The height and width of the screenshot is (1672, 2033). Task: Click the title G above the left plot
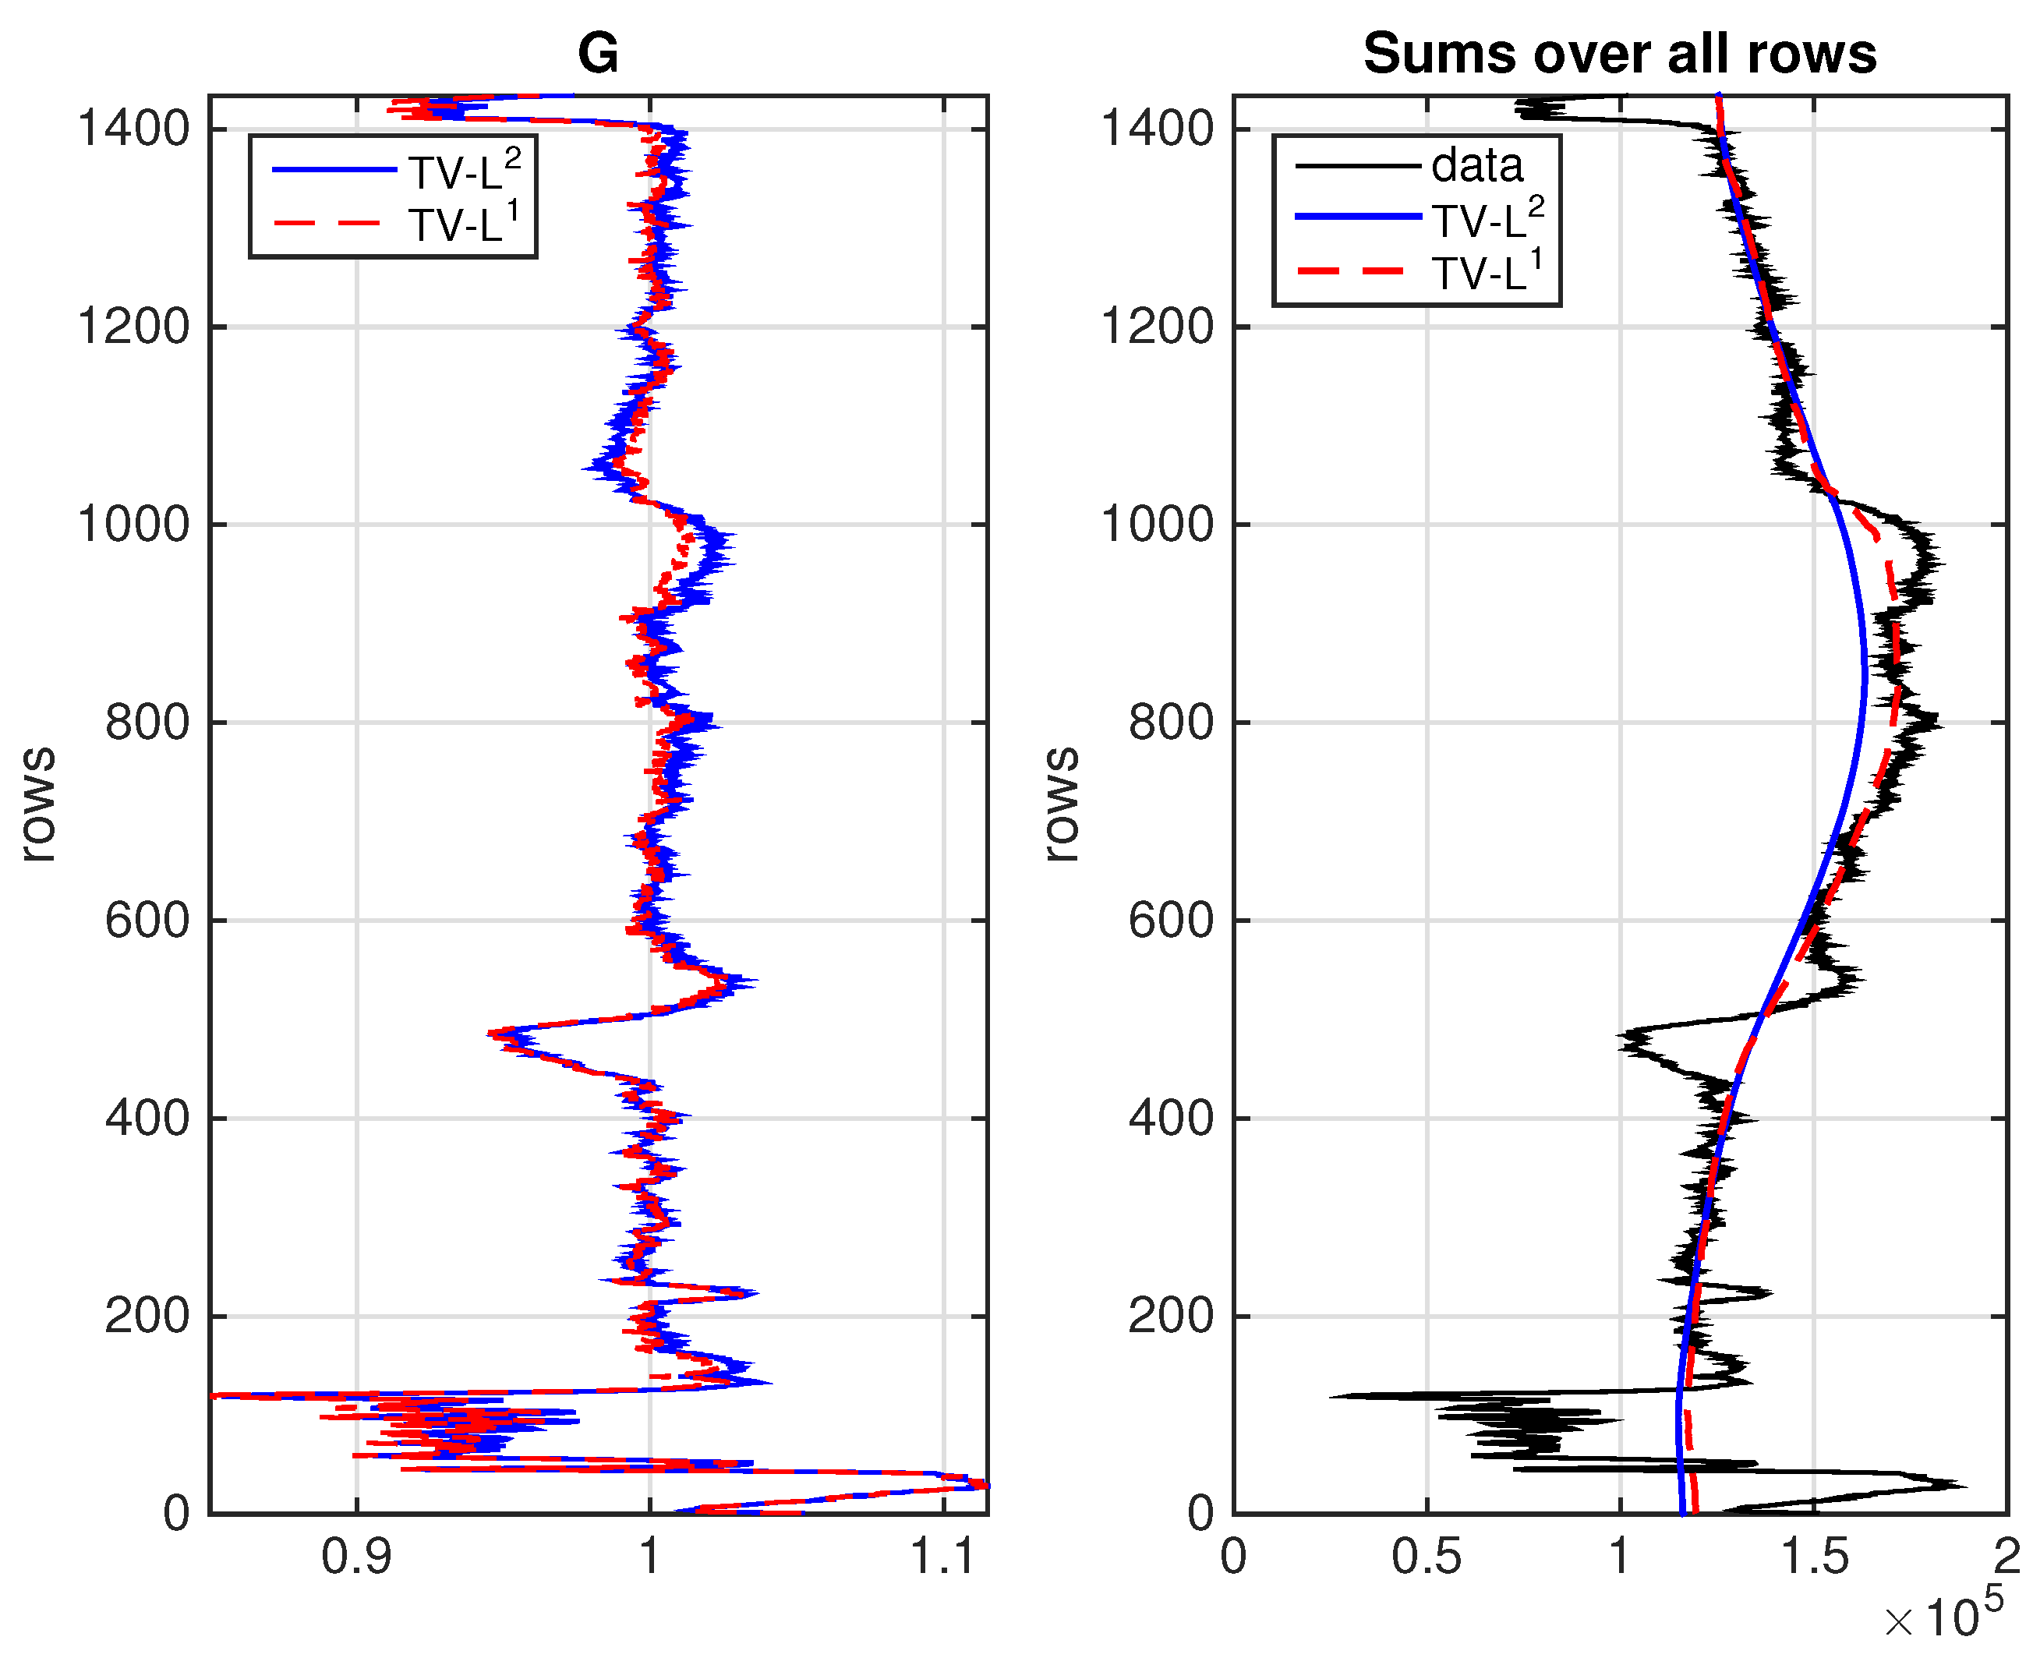[x=597, y=53]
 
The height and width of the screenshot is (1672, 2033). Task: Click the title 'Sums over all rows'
[x=1619, y=53]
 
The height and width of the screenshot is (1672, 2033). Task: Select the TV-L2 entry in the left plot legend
[x=462, y=171]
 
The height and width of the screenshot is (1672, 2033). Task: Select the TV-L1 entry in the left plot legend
[x=462, y=224]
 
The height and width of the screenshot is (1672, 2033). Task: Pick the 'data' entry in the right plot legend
[x=1476, y=166]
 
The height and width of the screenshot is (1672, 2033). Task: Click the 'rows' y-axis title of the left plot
[x=38, y=804]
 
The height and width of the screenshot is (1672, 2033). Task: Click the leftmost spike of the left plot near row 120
[x=214, y=1395]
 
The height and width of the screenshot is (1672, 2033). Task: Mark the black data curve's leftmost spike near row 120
[x=1333, y=1395]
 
